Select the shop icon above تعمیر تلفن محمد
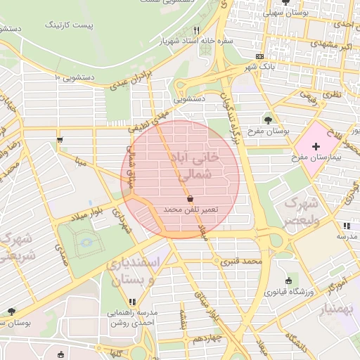coord(191,200)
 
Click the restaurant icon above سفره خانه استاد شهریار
coord(196,31)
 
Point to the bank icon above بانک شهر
coord(260,56)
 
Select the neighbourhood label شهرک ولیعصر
coord(302,211)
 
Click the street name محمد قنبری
coord(241,262)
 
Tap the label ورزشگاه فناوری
coord(288,290)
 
